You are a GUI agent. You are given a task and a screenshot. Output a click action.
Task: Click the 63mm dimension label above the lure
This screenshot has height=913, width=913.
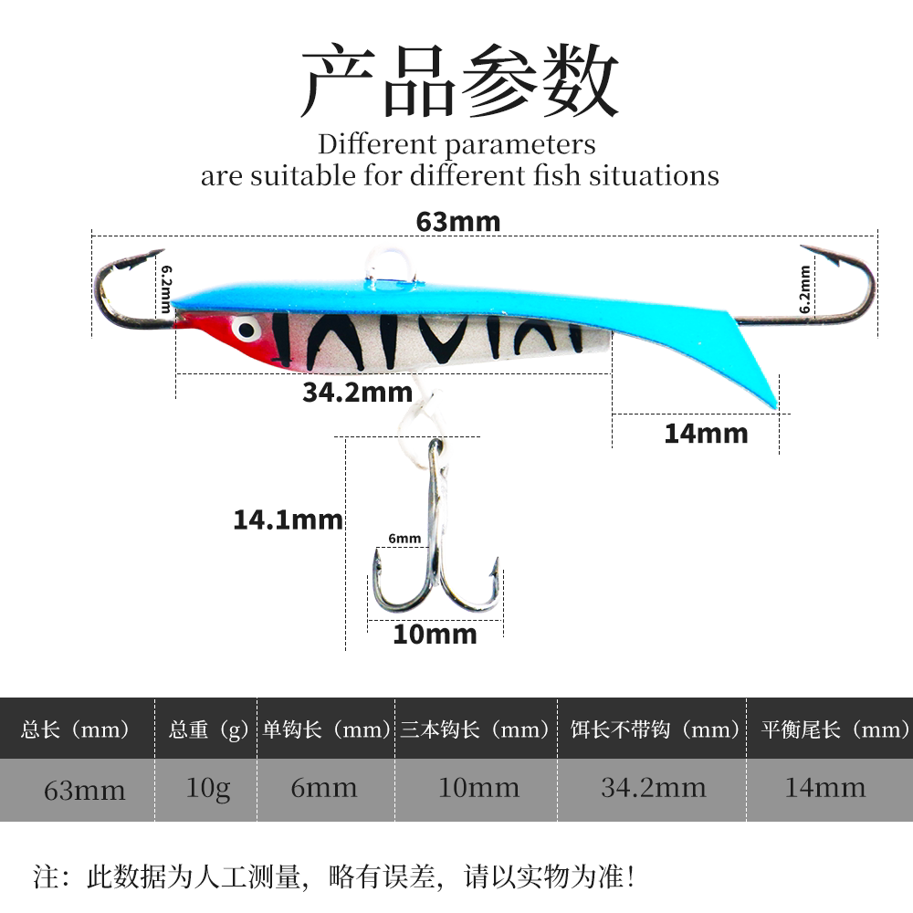point(458,222)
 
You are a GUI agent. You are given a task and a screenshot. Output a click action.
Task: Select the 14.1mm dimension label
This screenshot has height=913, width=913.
point(288,520)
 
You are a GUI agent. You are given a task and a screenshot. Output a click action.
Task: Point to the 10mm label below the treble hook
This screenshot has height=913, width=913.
point(435,634)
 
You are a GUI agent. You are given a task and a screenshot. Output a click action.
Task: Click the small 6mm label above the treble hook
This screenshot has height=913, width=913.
point(404,539)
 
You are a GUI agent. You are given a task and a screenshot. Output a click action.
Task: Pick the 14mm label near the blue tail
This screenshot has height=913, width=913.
point(706,434)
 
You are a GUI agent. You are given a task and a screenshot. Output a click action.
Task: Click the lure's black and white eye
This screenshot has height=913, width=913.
point(245,327)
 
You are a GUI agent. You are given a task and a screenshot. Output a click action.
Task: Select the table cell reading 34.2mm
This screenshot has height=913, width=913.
point(653,787)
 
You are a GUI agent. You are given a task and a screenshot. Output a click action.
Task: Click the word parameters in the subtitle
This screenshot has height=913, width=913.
point(520,144)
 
